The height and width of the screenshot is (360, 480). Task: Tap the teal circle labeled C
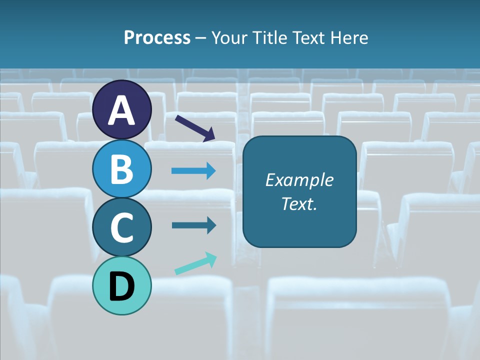point(122,227)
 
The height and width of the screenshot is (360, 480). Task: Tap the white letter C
point(122,227)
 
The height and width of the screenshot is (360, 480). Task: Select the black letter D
point(122,286)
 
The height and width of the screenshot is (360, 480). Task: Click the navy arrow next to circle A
point(195,128)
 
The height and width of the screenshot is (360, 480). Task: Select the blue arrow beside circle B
point(194,171)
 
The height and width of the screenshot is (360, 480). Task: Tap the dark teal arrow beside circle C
point(194,225)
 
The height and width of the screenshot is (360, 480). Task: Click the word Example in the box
point(299,180)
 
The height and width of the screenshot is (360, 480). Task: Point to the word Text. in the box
point(299,204)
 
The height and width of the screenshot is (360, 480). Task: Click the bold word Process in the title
point(157,38)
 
